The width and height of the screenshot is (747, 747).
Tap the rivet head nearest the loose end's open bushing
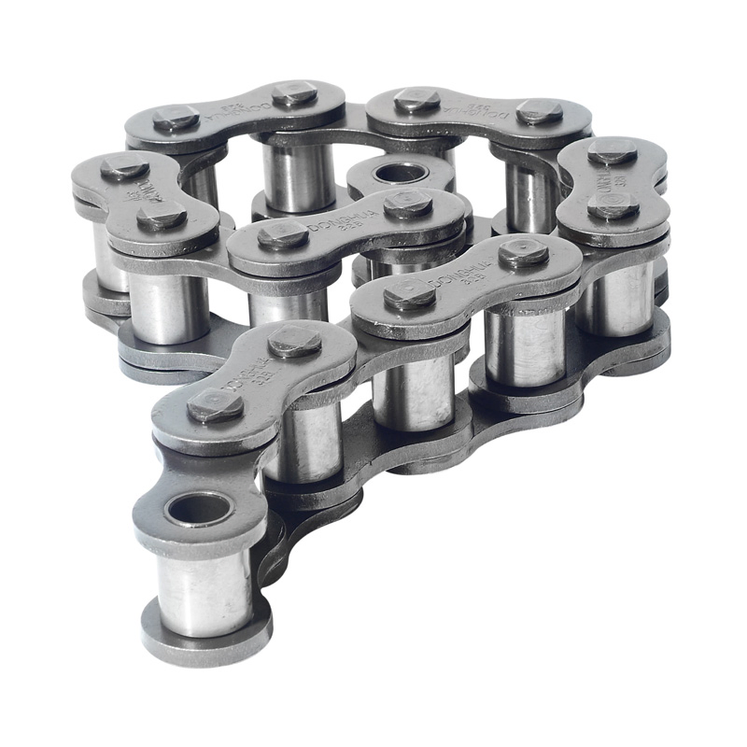click(216, 405)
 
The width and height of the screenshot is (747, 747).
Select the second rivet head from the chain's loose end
click(295, 342)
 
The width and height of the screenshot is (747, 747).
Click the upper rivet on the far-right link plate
click(612, 150)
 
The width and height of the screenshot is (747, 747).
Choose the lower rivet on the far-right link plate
click(613, 206)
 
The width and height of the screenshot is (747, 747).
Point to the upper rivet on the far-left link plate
click(124, 168)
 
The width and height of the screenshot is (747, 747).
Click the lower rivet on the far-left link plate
click(161, 217)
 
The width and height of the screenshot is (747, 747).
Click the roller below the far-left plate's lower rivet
click(168, 305)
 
